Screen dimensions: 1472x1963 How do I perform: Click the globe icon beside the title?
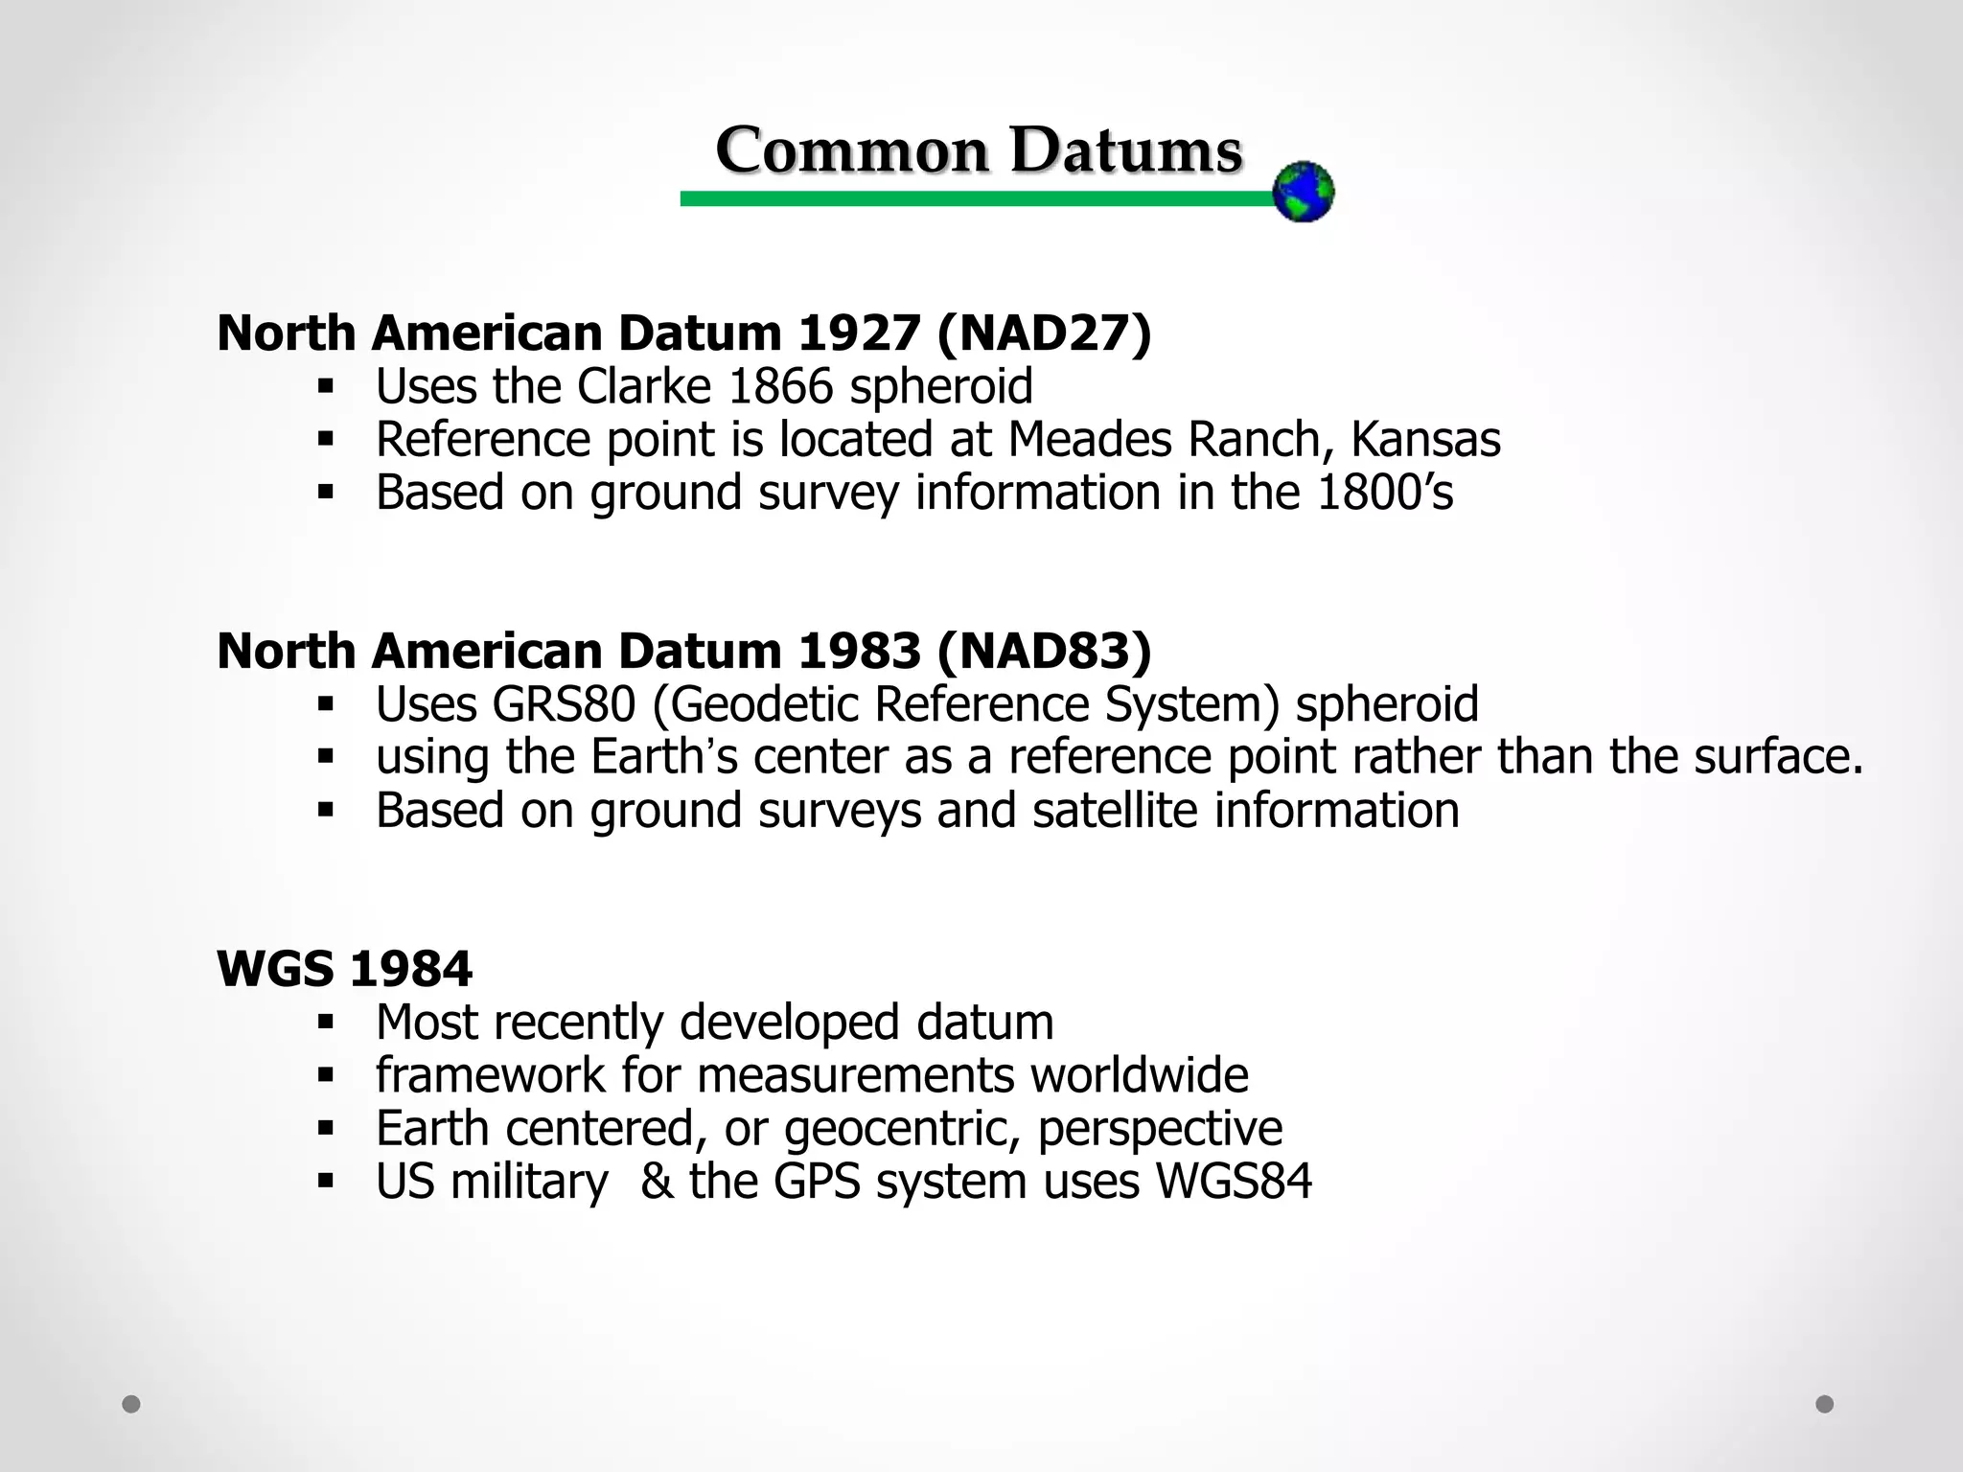[1303, 192]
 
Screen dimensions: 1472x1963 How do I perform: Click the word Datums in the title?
[1126, 150]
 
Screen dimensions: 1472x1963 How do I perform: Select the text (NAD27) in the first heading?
[1044, 333]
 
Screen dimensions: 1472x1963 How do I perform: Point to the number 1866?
[780, 387]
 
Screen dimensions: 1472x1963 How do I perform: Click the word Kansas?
[1425, 440]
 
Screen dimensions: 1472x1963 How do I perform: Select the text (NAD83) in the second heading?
[1044, 652]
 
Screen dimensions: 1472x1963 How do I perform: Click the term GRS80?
[564, 704]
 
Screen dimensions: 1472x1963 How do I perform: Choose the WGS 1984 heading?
[344, 969]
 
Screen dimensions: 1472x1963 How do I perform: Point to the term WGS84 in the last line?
[1234, 1182]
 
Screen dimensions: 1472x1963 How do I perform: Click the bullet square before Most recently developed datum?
[326, 1023]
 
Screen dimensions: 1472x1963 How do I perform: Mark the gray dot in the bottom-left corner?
[131, 1404]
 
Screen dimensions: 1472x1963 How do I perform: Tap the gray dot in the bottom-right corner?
[1825, 1404]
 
